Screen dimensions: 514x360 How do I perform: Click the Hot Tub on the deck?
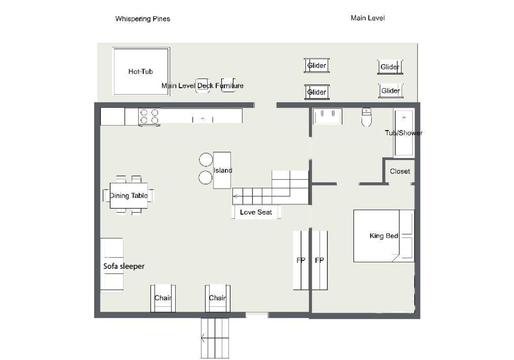point(141,71)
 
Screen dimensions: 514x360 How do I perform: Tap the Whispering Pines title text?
point(143,19)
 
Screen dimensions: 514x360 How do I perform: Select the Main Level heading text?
point(368,18)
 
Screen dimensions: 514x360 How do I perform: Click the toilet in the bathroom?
point(366,117)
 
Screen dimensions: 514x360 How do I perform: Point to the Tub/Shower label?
point(404,133)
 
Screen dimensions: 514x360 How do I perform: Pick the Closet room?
point(400,171)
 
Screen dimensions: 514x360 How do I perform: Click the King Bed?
point(384,236)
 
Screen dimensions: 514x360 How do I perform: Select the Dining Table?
point(129,196)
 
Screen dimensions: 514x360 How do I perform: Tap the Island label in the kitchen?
point(223,170)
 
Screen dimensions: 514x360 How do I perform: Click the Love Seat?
point(256,212)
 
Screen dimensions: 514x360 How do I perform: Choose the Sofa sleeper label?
point(124,266)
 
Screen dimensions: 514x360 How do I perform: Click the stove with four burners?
point(149,117)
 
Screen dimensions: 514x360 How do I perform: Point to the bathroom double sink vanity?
point(327,116)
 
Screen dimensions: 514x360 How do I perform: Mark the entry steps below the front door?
point(215,338)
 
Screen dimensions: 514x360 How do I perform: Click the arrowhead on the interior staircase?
point(235,196)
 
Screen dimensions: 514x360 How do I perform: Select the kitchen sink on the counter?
point(203,119)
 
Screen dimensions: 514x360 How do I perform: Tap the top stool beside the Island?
point(206,159)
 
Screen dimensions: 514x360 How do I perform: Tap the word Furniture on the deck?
point(229,86)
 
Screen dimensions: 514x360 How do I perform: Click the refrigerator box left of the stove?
point(112,117)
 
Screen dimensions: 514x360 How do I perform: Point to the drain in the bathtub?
point(404,117)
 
